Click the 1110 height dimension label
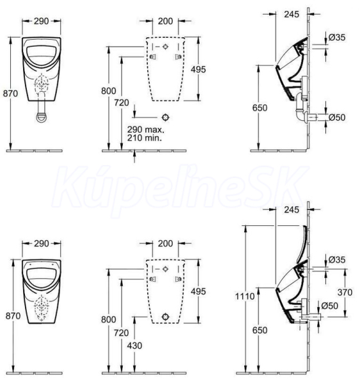tap(245, 296)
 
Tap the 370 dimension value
tap(345, 292)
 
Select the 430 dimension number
tap(135, 346)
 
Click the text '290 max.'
tap(146, 129)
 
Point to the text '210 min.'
tap(145, 138)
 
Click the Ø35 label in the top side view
tap(337, 37)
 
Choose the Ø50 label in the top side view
tap(337, 117)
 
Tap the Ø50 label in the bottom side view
tap(329, 306)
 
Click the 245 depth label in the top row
tap(292, 14)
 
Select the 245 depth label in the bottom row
tap(292, 210)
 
